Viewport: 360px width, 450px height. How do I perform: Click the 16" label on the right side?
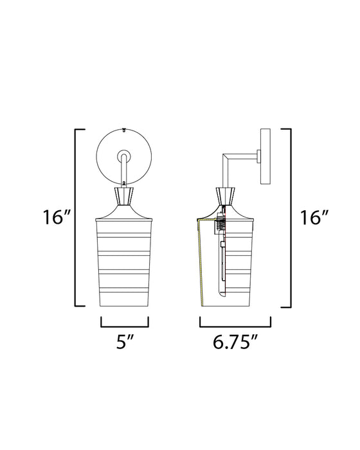pos(313,218)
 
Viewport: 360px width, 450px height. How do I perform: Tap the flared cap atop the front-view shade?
pos(125,212)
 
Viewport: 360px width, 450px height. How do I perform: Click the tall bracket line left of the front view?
pos(77,218)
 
